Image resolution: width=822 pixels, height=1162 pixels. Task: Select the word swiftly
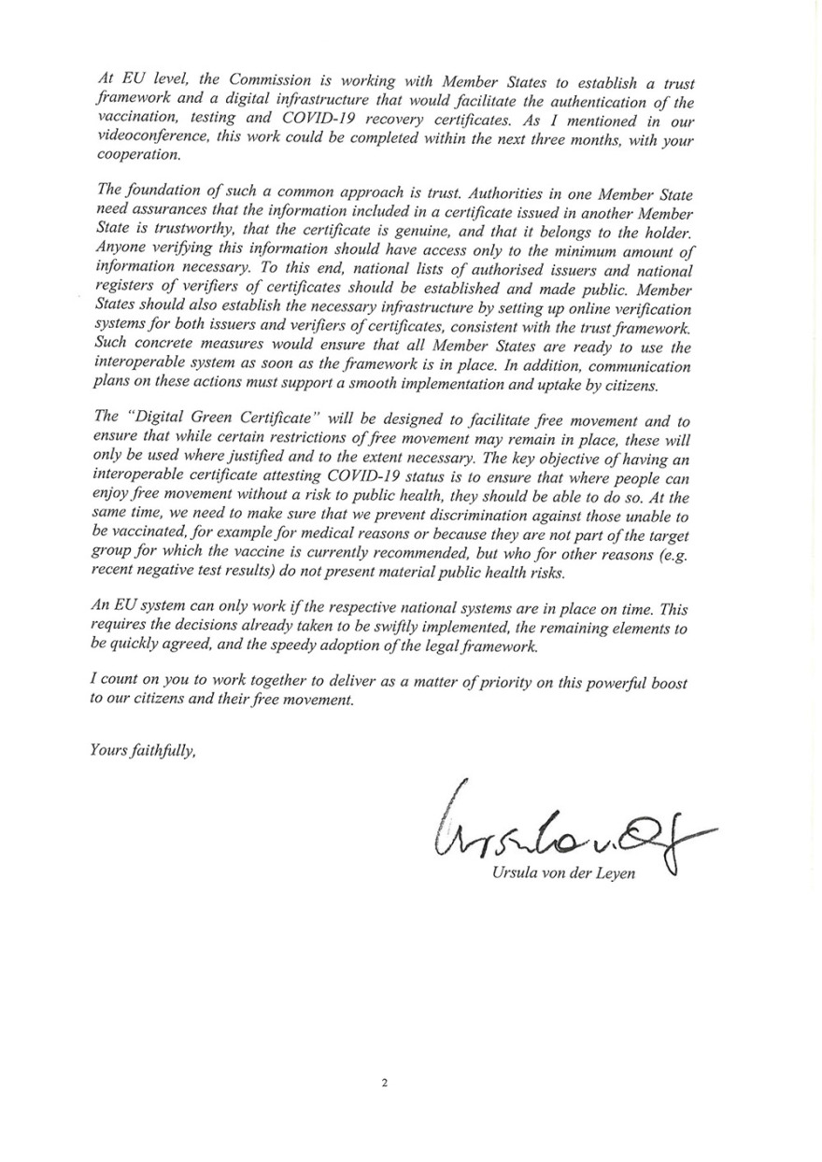point(361,628)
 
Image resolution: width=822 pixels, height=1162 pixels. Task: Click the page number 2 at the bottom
point(384,1084)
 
